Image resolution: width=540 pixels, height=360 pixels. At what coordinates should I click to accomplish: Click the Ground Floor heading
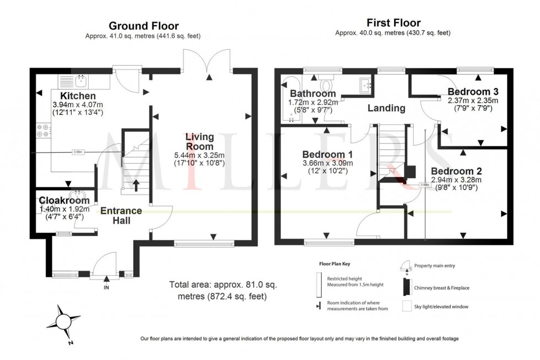click(x=143, y=25)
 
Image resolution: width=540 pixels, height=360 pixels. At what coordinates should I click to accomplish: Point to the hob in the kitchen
click(x=43, y=131)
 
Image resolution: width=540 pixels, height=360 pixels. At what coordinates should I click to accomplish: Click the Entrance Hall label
click(x=121, y=216)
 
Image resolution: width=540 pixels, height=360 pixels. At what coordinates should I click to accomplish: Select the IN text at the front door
click(x=106, y=287)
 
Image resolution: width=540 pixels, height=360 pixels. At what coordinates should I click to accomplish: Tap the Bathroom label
click(x=313, y=93)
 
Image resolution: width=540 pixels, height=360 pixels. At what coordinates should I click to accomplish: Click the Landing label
click(x=386, y=108)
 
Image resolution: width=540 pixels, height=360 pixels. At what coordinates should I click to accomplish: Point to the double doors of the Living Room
click(x=209, y=61)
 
